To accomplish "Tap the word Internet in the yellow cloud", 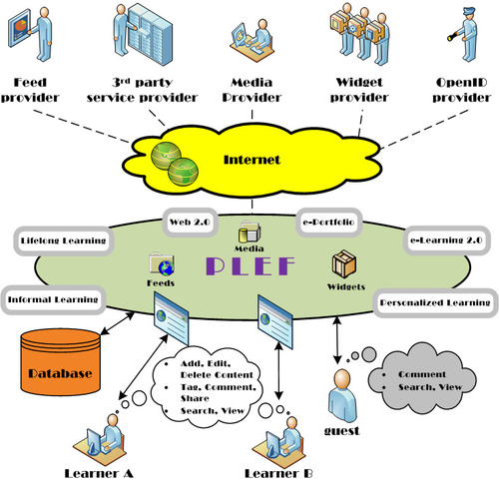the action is [x=251, y=160].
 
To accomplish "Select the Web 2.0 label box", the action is [x=190, y=223].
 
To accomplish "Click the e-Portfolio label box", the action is [x=328, y=222].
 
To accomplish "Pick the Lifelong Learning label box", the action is [x=63, y=241].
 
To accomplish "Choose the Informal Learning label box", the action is [x=53, y=299].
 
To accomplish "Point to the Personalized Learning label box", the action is [x=435, y=302].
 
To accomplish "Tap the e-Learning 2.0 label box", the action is [x=446, y=241].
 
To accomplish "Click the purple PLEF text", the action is [x=250, y=265].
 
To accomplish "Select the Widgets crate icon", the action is [x=344, y=264].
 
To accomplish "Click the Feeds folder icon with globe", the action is [x=162, y=264].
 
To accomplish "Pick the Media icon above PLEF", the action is [x=249, y=232].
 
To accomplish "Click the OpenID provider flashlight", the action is [x=452, y=38].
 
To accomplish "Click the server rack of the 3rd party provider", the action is [x=151, y=34].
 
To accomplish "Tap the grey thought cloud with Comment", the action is [x=422, y=380].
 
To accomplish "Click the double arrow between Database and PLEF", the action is [x=118, y=323].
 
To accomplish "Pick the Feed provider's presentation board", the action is [x=20, y=29].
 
